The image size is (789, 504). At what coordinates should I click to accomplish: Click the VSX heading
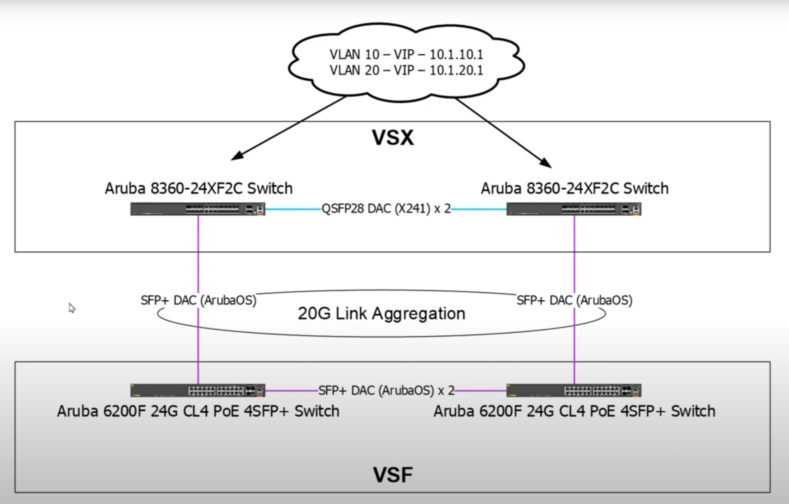tap(393, 138)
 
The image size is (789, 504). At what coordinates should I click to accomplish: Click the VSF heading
tap(393, 475)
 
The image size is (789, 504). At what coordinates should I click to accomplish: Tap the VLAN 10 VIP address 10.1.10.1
tap(456, 54)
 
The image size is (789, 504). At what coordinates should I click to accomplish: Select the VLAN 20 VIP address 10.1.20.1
tap(456, 70)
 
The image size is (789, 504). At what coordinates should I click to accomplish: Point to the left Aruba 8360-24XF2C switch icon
tap(198, 209)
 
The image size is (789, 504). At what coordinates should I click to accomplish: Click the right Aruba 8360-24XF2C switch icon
tap(574, 209)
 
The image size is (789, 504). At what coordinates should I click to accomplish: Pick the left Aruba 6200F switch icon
tap(198, 390)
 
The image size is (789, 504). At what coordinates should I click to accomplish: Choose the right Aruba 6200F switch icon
tap(574, 390)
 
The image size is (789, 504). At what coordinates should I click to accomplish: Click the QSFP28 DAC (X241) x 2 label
tap(386, 209)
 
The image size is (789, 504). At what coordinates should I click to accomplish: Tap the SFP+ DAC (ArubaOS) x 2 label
tap(386, 390)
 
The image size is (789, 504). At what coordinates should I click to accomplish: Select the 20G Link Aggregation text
tap(381, 314)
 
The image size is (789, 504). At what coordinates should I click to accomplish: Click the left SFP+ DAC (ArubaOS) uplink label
tap(198, 300)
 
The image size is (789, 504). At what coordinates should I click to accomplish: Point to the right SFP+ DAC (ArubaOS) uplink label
tap(575, 300)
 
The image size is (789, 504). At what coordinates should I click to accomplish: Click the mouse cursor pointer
tap(72, 308)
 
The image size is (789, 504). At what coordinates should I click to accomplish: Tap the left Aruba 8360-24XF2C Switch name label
tap(198, 188)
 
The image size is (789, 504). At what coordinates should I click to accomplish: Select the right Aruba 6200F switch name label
tap(574, 411)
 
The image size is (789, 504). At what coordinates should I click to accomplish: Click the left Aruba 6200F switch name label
tap(198, 411)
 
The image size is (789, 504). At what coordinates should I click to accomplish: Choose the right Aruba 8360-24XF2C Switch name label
tap(575, 188)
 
